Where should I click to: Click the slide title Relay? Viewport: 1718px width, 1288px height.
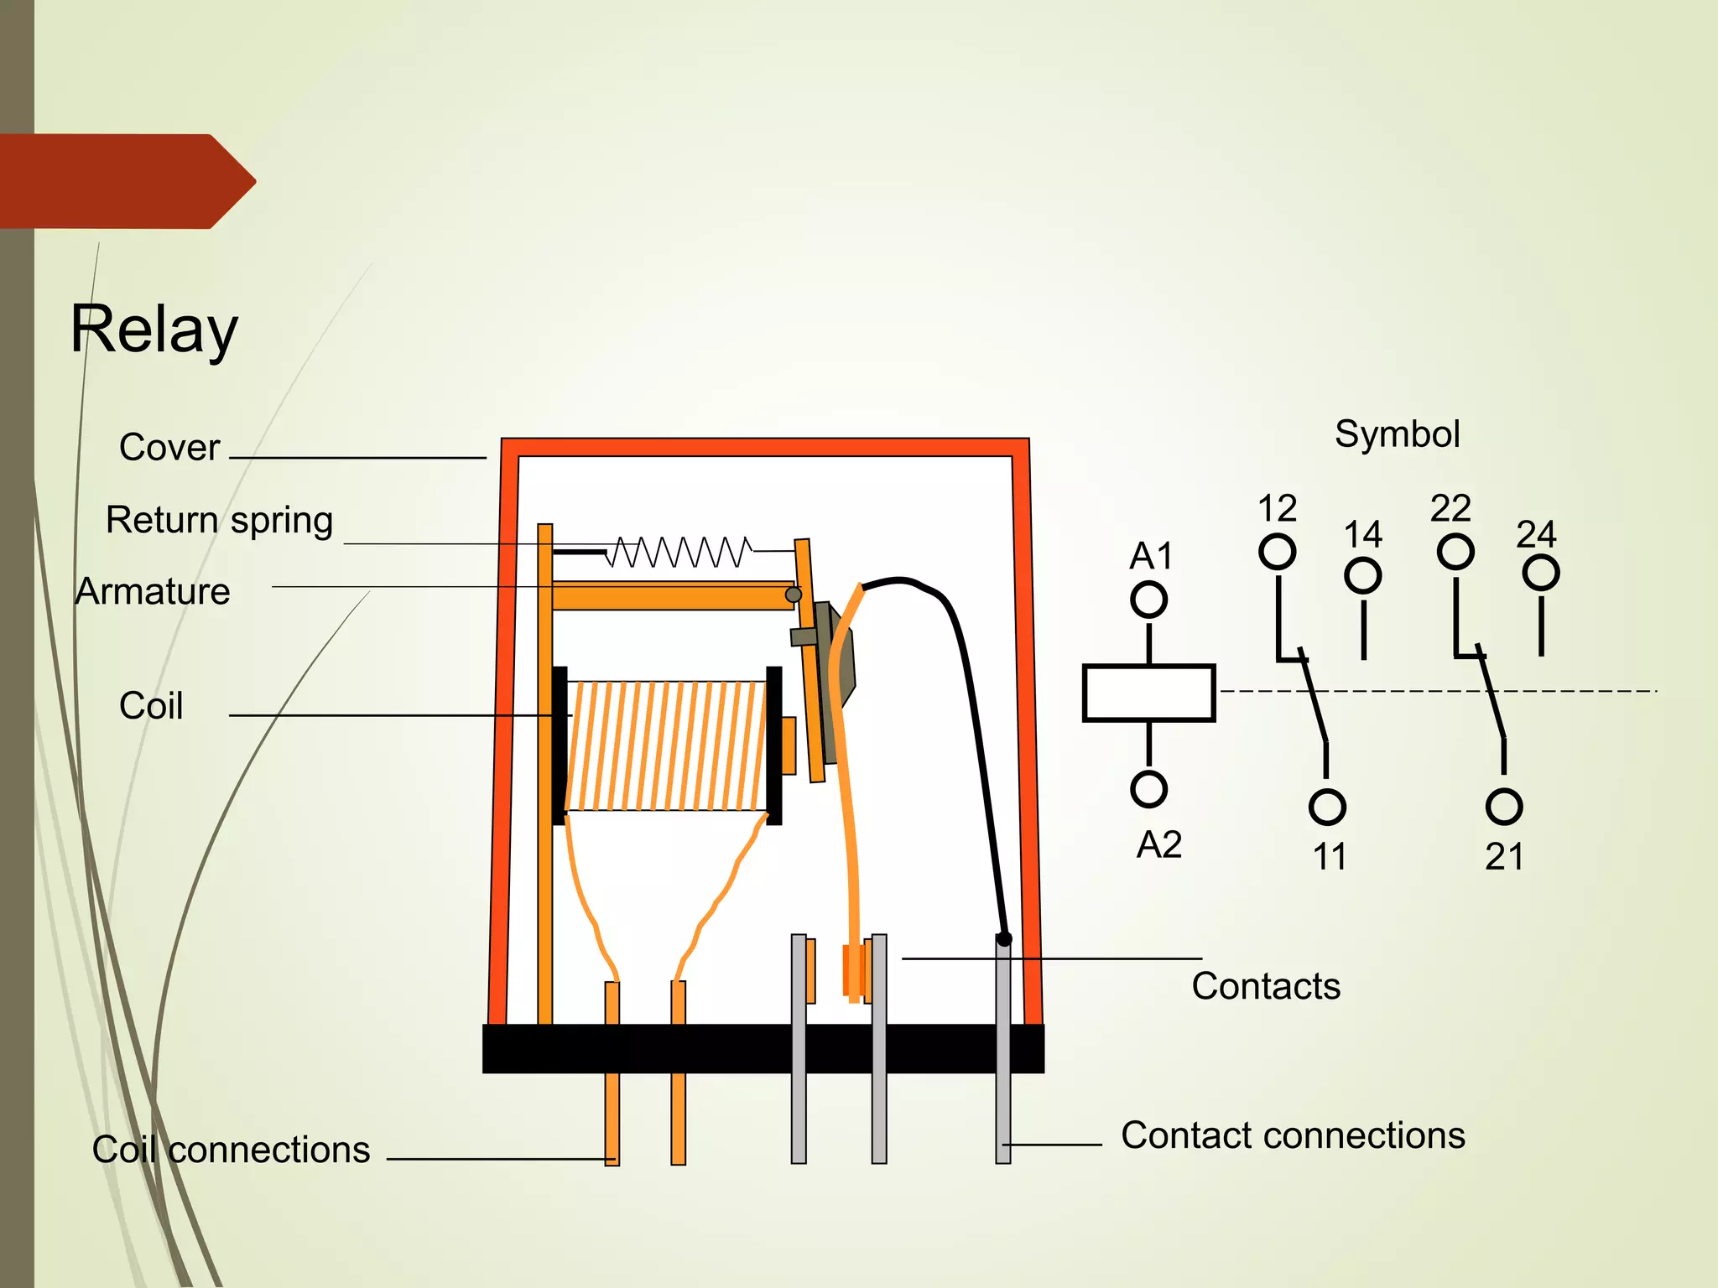[154, 330]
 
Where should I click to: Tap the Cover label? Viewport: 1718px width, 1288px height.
[169, 447]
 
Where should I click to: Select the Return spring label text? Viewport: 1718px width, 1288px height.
[220, 520]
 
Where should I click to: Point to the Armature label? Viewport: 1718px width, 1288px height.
[153, 592]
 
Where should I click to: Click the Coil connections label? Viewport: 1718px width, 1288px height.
[231, 1150]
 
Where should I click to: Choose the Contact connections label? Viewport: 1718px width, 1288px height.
[1293, 1135]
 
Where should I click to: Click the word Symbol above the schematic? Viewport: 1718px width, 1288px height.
[1397, 434]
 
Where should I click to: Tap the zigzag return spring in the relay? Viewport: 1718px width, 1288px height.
[679, 552]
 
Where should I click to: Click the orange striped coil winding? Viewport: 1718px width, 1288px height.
[667, 745]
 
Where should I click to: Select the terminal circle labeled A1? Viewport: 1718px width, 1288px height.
[1148, 600]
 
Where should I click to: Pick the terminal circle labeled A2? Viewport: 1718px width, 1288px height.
[1148, 789]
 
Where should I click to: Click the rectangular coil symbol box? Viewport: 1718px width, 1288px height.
[1148, 693]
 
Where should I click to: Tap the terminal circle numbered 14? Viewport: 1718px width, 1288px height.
[1362, 576]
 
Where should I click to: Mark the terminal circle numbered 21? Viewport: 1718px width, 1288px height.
[1503, 807]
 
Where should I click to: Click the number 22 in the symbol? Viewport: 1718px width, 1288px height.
[1450, 508]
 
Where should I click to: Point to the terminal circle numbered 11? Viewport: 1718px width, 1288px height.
[1326, 807]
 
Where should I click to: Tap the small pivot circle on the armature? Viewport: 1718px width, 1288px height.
[793, 595]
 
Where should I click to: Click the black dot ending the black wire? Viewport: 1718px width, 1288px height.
[1004, 939]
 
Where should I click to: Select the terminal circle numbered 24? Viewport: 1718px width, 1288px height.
[1541, 574]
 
